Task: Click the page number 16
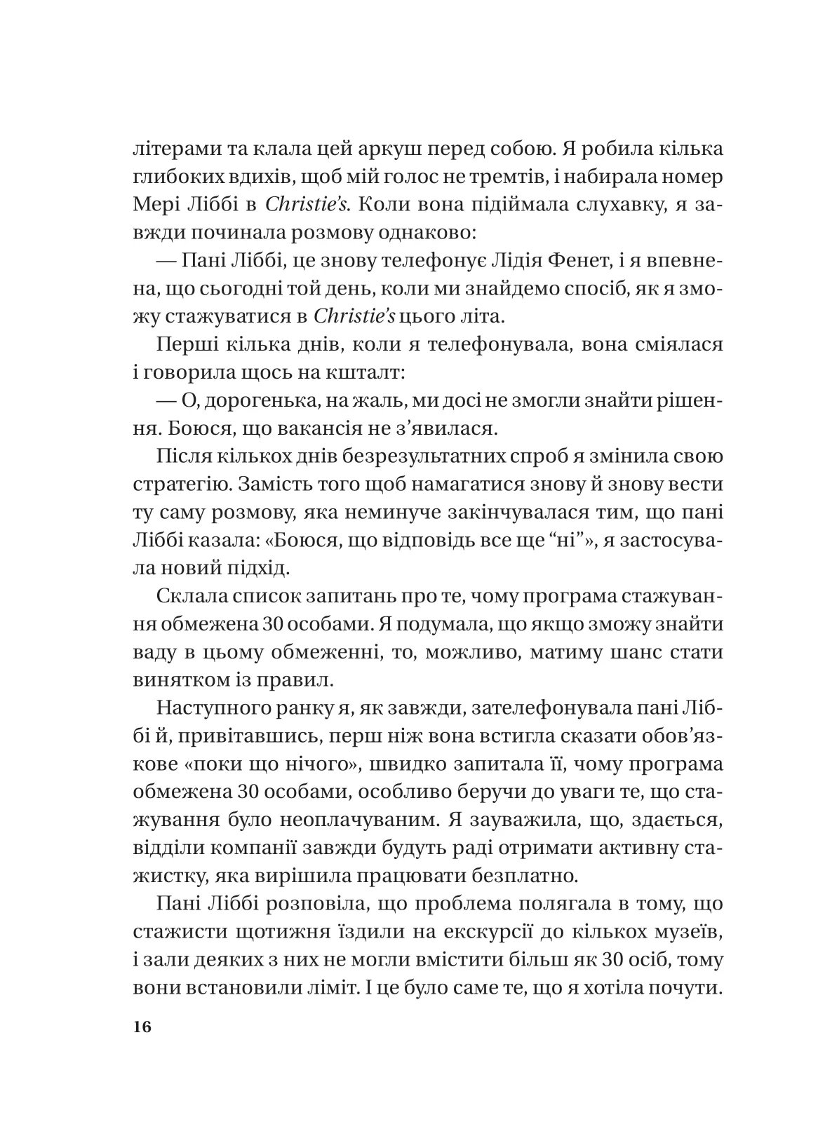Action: pos(141,1027)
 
